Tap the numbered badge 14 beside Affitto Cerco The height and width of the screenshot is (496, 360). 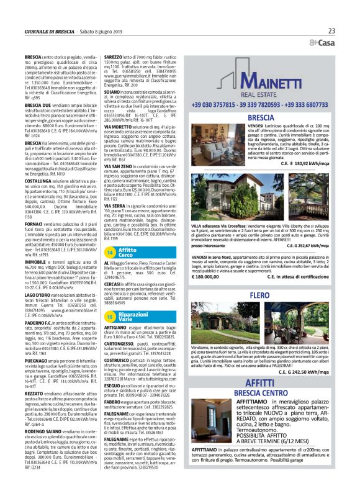tap(109, 253)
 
